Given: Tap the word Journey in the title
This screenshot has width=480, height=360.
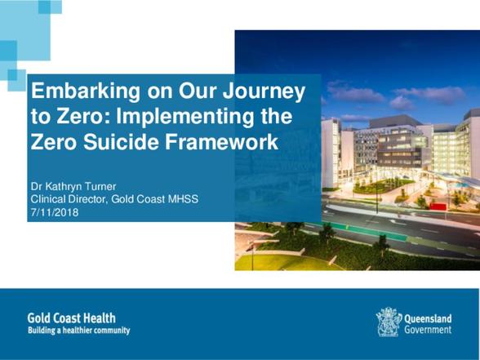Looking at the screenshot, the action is pyautogui.click(x=264, y=91).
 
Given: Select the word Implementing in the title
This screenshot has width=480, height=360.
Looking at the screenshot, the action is pyautogui.click(x=184, y=118).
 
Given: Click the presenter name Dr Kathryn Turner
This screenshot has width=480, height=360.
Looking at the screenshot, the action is pyautogui.click(x=73, y=186).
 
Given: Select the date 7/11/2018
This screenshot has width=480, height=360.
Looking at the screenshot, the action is pyautogui.click(x=55, y=212).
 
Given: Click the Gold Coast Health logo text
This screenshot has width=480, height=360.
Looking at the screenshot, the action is pyautogui.click(x=71, y=318).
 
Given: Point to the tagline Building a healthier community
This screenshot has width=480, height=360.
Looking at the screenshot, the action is pyautogui.click(x=78, y=331).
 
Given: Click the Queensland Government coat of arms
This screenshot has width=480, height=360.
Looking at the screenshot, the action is pyautogui.click(x=389, y=322).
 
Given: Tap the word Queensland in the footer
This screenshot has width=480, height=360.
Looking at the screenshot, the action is pyautogui.click(x=428, y=318).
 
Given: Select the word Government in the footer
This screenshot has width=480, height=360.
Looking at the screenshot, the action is pyautogui.click(x=428, y=330).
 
